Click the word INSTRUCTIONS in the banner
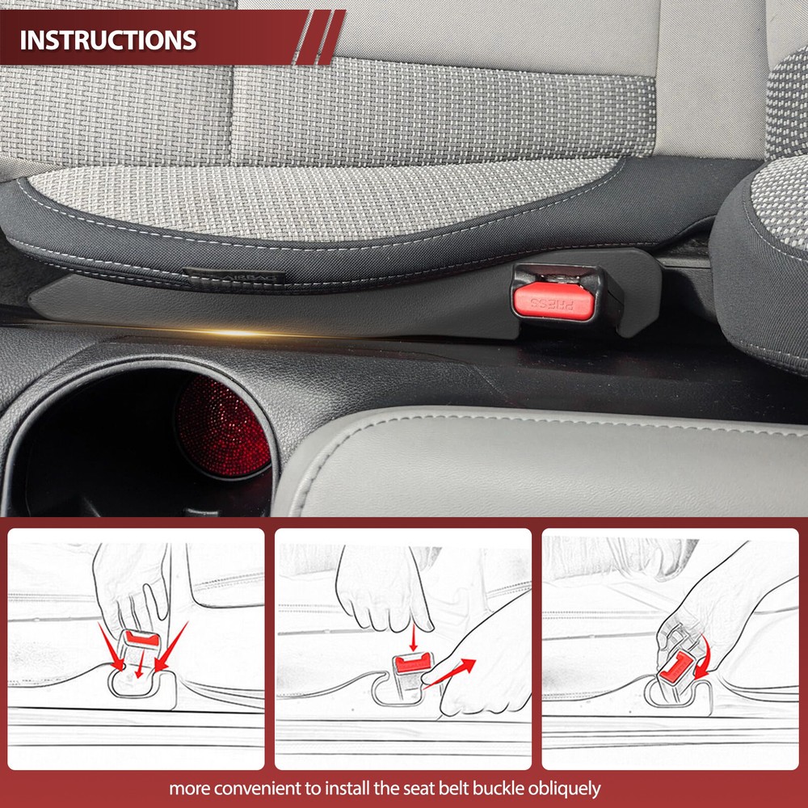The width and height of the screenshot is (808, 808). [108, 40]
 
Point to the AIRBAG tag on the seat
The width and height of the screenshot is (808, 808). [234, 276]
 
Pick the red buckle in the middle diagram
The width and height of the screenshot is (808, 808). [413, 663]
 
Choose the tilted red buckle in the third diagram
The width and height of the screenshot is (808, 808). [676, 667]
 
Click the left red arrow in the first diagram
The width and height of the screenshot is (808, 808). [111, 646]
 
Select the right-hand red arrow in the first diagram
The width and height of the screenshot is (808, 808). [171, 646]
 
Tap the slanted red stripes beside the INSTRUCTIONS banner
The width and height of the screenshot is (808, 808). [319, 37]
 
